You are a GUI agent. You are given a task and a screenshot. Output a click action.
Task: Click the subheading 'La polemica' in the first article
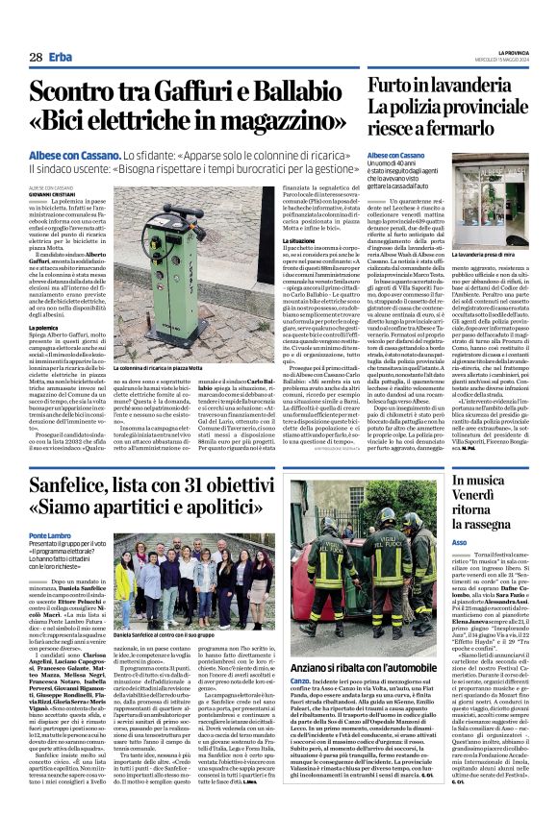tap(48, 355)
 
